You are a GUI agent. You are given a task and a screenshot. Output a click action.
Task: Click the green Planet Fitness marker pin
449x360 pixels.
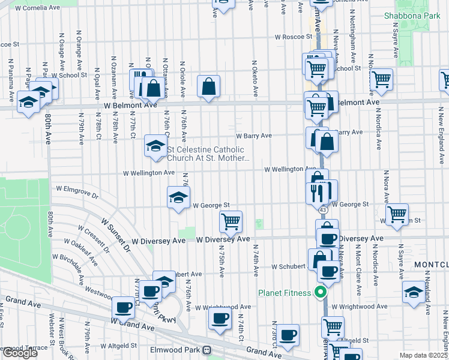click(320, 293)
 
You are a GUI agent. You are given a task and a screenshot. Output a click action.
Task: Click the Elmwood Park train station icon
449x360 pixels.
click(207, 350)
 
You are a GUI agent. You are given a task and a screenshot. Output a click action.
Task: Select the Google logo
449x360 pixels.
click(20, 353)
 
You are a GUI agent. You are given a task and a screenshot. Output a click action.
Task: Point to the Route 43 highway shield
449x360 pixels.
click(323, 210)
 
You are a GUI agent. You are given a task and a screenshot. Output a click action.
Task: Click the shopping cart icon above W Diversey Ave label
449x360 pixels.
click(231, 221)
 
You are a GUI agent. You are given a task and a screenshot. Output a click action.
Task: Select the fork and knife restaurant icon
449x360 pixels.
click(316, 192)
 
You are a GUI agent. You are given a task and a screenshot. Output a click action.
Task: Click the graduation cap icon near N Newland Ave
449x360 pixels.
click(414, 291)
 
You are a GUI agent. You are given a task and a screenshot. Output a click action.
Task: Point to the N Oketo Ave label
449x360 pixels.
click(255, 78)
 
